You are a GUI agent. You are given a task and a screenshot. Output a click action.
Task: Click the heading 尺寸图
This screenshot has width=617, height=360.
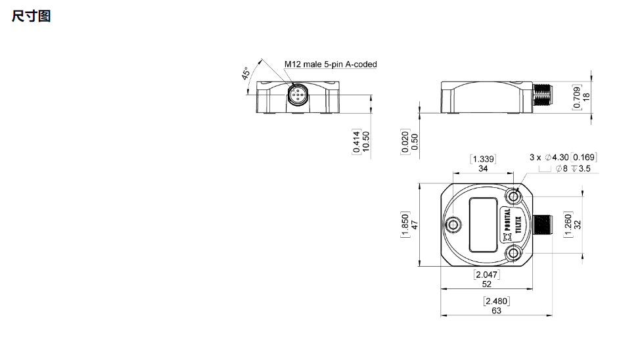pos(31,16)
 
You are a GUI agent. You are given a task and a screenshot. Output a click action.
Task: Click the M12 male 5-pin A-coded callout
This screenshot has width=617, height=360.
pos(331,64)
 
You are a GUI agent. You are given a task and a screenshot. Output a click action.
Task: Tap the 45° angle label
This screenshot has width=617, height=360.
pos(246,74)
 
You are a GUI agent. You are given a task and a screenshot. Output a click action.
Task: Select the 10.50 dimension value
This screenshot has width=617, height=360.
pos(366,142)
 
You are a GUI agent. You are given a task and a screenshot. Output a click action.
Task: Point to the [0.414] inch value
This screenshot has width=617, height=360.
pos(356,142)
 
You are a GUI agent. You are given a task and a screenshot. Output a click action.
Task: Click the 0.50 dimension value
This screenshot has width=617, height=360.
pos(415,142)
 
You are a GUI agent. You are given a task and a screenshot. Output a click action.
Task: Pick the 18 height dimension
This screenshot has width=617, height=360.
pos(586,97)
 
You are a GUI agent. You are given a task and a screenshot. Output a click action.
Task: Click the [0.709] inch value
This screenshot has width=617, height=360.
pos(576,97)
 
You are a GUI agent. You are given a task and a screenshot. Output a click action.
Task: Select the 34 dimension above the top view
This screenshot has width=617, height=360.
pos(483,168)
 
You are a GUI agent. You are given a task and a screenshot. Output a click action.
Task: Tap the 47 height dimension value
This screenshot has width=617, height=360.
pos(415,225)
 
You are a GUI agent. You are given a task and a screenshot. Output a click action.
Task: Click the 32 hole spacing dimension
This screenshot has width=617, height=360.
pos(578,225)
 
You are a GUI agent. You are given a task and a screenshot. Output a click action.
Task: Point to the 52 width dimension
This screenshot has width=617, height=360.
pos(487,284)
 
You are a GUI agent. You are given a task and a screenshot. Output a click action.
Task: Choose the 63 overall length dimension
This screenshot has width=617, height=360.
pos(497,311)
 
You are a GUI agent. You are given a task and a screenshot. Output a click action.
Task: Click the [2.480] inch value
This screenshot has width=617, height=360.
pos(497,301)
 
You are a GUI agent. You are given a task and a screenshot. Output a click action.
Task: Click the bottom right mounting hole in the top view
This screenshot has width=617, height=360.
pos(513,253)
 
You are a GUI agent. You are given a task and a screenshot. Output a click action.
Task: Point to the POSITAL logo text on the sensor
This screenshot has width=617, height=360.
pos(507,219)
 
